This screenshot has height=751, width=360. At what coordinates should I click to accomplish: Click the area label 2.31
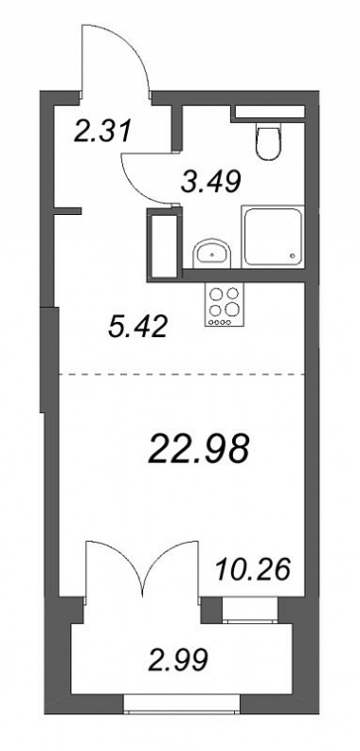[x=102, y=132]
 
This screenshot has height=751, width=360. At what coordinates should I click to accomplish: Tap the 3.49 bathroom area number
[x=211, y=182]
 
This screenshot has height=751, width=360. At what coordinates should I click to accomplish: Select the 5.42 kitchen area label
[x=137, y=327]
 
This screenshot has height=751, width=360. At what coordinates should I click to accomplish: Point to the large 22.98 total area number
[x=199, y=450]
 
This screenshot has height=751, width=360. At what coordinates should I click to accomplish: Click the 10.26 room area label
[x=254, y=569]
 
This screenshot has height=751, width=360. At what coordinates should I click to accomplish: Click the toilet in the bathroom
[x=268, y=141]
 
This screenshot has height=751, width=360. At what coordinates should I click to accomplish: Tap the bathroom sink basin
[x=212, y=253]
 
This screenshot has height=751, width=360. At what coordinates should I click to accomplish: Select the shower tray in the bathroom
[x=273, y=237]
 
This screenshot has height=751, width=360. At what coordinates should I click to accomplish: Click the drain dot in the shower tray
[x=293, y=258]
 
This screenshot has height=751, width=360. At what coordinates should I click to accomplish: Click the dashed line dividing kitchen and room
[x=182, y=373]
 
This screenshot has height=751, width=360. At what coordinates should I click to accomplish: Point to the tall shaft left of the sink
[x=164, y=245]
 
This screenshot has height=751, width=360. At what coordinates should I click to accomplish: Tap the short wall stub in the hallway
[x=67, y=210]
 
